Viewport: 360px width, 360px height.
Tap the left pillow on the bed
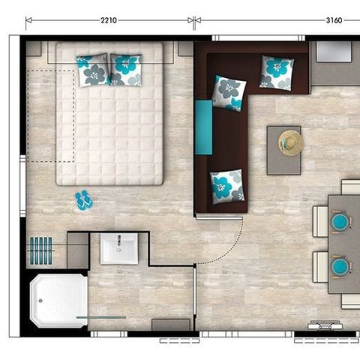click(x=93, y=70)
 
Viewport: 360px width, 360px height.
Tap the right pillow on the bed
click(x=125, y=69)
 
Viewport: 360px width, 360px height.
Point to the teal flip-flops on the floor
click(x=83, y=200)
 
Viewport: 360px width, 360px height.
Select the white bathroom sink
click(x=119, y=249)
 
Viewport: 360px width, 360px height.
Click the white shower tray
click(x=58, y=301)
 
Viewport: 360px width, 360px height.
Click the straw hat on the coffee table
click(x=290, y=142)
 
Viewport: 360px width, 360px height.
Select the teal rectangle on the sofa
click(x=203, y=127)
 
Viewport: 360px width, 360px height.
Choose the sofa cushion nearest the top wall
click(x=277, y=72)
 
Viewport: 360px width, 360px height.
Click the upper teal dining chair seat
click(x=340, y=222)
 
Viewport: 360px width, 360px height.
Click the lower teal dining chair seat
click(x=340, y=266)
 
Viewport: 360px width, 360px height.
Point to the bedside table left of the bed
click(x=34, y=49)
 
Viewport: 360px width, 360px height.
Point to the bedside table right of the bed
click(x=185, y=49)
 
